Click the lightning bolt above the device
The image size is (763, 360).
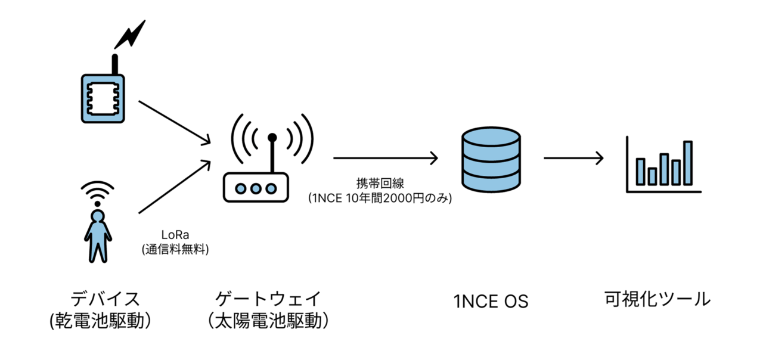click(130, 35)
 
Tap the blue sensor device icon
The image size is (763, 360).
click(103, 98)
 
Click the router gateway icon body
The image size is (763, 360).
click(256, 187)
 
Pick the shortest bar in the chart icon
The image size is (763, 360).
click(652, 176)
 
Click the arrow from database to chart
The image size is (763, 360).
click(573, 159)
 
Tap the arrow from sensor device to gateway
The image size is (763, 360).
click(174, 122)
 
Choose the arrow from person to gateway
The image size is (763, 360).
click(174, 187)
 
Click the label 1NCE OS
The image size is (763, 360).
click(491, 302)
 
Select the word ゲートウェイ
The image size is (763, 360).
click(269, 298)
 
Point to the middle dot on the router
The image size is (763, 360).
click(256, 188)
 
